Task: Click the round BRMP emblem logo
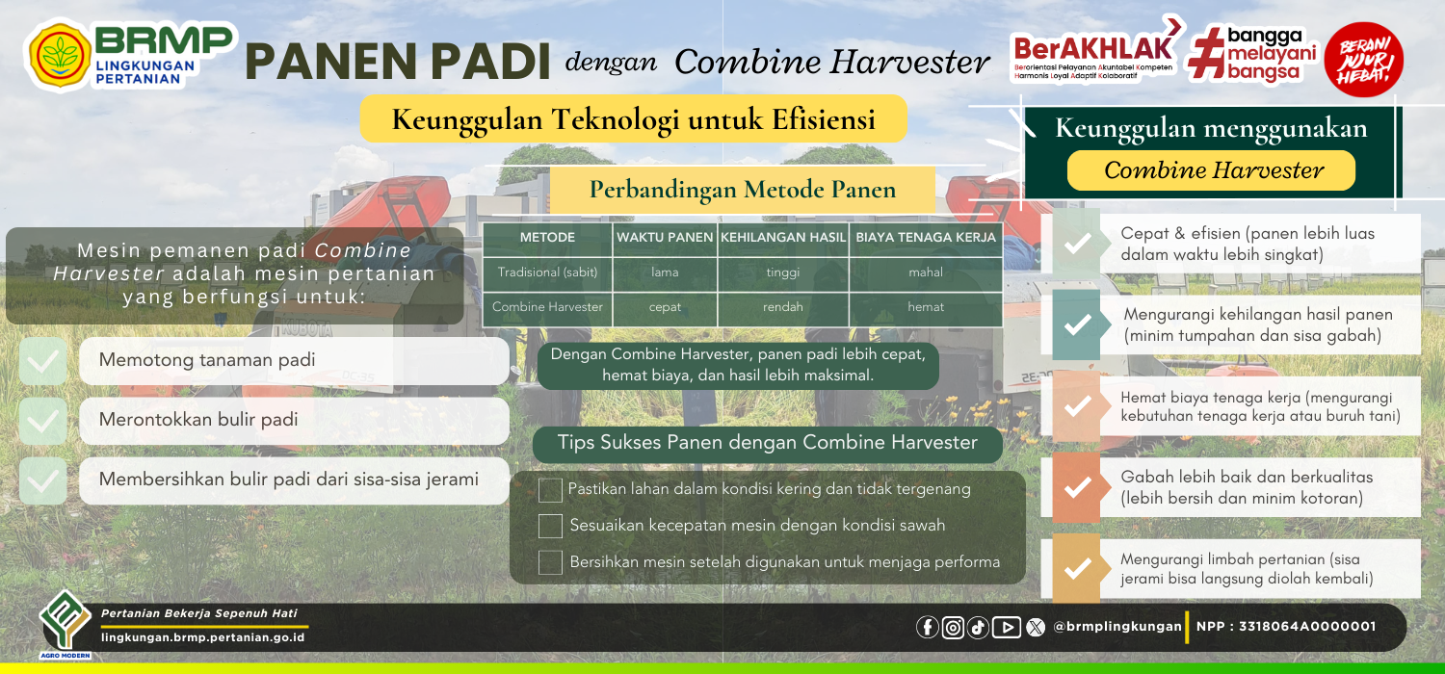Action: [x=60, y=56]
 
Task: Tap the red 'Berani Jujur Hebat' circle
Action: [x=1363, y=60]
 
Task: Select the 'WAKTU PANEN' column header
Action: [x=665, y=238]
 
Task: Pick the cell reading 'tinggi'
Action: [x=782, y=272]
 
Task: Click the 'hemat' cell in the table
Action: [x=926, y=307]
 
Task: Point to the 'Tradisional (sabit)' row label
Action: [x=547, y=272]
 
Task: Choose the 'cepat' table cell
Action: [x=665, y=307]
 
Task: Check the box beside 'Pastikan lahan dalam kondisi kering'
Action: [x=550, y=490]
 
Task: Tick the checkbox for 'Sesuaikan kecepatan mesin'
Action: [x=550, y=527]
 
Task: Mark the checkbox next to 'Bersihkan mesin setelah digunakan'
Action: [x=550, y=562]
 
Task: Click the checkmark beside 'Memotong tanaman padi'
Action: [x=42, y=361]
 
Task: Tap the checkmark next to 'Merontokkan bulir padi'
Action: [x=42, y=421]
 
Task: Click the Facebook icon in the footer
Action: [x=927, y=627]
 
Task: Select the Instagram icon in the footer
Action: [x=953, y=627]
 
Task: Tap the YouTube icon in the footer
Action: [x=1007, y=627]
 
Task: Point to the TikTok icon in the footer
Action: [x=978, y=627]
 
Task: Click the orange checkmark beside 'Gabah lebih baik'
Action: [x=1077, y=487]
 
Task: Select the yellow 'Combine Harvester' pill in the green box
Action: [x=1212, y=170]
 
